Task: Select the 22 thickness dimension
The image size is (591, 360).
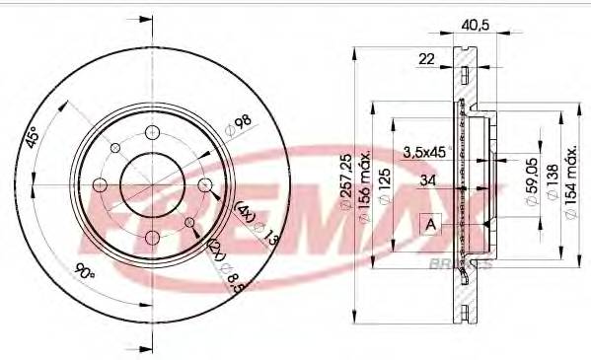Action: (x=426, y=60)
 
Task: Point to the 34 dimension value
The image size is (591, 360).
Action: (x=426, y=180)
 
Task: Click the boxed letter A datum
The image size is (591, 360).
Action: (x=430, y=224)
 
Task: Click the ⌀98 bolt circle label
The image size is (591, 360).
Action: (x=238, y=126)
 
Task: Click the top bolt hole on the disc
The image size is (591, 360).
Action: (x=152, y=133)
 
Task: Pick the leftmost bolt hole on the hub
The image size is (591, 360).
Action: (x=100, y=184)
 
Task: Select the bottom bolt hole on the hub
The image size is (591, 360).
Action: (x=152, y=237)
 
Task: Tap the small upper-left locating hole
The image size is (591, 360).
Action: (x=115, y=149)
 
